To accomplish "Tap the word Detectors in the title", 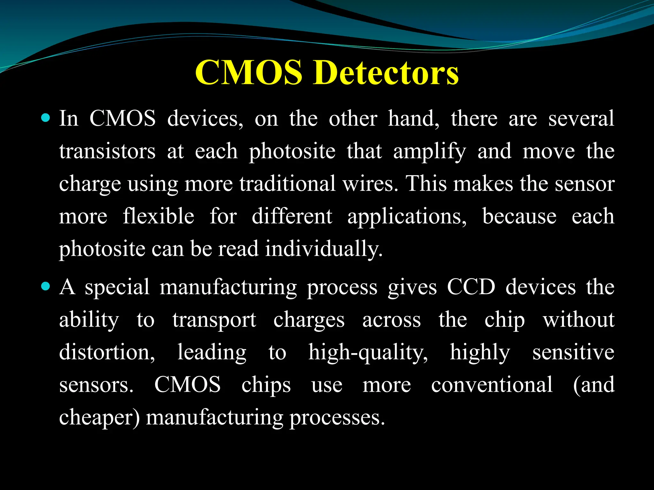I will coord(386,73).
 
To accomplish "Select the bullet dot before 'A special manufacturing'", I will coord(46,286).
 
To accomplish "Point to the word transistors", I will coord(107,151).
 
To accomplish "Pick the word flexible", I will coord(158,216).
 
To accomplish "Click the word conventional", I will coord(492,385).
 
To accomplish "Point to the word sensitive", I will coord(573,353).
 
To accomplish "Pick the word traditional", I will coord(287,184).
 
